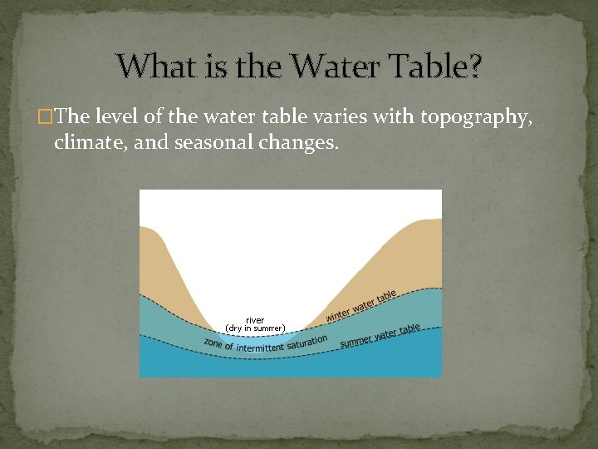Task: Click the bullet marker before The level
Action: (x=45, y=119)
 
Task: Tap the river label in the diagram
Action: (x=255, y=320)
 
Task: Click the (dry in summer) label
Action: (x=255, y=328)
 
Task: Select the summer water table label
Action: (x=380, y=335)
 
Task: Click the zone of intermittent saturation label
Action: (x=266, y=343)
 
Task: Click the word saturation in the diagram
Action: (x=306, y=341)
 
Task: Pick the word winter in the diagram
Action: (x=338, y=314)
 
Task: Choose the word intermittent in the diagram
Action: (x=260, y=346)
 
